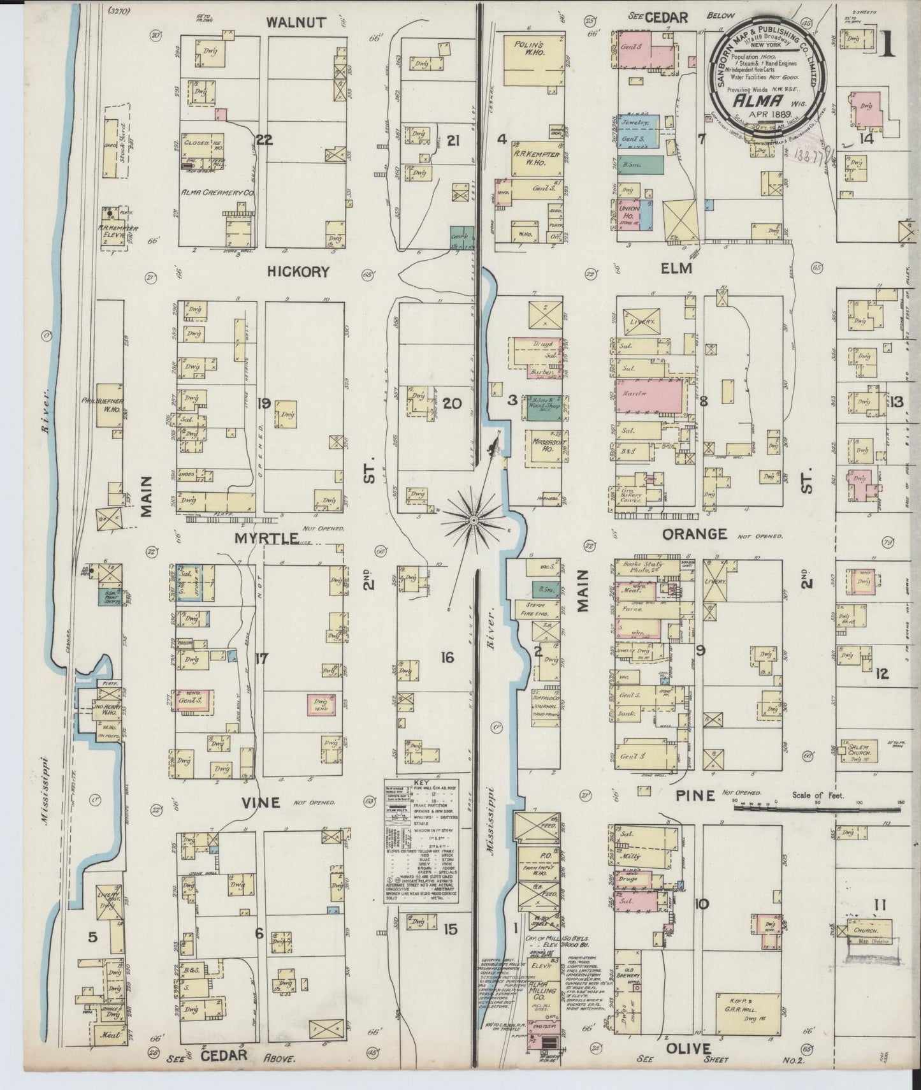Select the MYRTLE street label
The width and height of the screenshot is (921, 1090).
pos(266,539)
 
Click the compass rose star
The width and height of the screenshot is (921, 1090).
pos(474,521)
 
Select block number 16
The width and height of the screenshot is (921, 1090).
pos(447,657)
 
